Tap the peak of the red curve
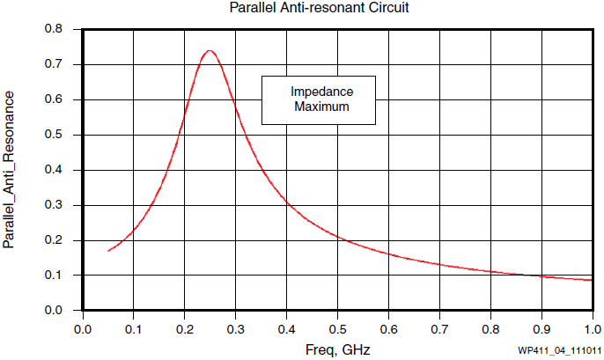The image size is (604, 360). point(210,51)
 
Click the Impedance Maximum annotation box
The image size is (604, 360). point(319,99)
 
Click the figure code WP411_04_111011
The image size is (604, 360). point(554,350)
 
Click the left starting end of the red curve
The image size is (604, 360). point(108,251)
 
